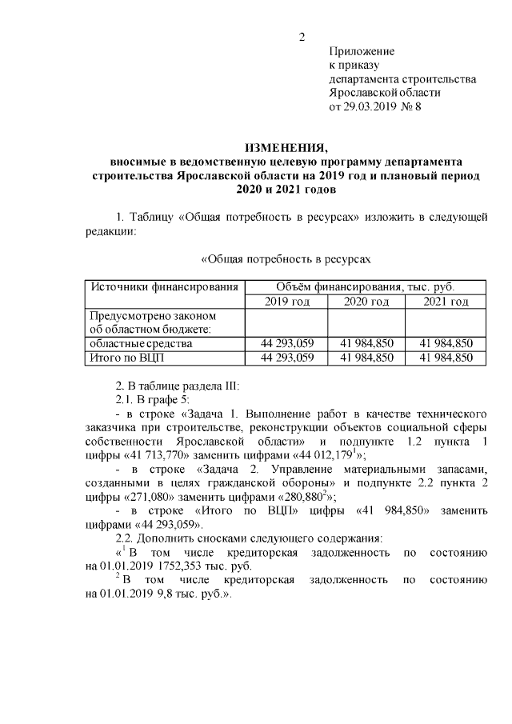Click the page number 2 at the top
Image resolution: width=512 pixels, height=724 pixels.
(302, 37)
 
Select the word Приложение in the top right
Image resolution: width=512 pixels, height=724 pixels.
(362, 51)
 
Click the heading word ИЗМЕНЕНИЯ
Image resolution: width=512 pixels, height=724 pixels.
(286, 148)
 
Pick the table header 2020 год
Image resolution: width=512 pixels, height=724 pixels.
(366, 302)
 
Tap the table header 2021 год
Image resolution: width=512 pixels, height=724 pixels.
(446, 302)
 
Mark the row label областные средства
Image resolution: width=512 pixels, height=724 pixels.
(141, 343)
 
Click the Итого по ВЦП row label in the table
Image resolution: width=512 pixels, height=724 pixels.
(129, 357)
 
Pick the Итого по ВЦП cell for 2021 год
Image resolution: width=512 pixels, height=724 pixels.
(446, 357)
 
